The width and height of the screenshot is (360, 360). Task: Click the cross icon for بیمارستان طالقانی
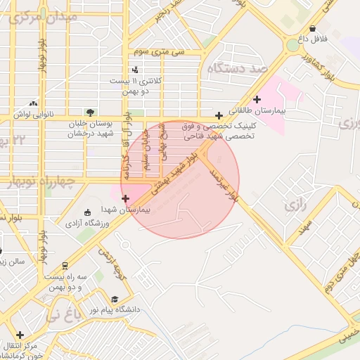tap(257, 99)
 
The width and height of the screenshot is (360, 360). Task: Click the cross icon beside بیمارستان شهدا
tap(126, 199)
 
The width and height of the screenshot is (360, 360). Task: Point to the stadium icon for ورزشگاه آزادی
tap(87, 213)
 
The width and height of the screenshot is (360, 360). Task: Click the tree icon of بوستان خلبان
tap(89, 112)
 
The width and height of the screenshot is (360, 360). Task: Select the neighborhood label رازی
tap(293, 206)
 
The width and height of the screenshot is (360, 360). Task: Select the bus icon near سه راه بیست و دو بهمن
tap(65, 265)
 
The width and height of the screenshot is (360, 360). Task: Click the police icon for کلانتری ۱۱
tap(135, 69)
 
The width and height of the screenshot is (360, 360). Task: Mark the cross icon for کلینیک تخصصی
tap(219, 115)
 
